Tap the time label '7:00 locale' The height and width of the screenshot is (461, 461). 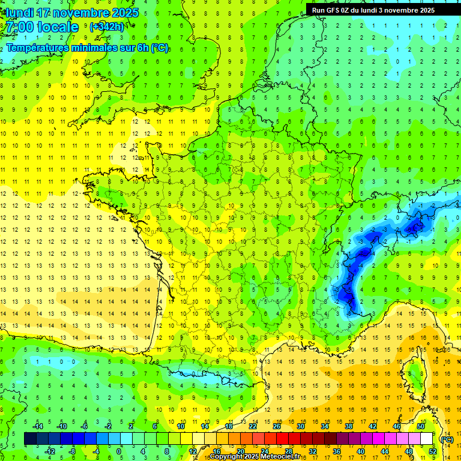(x=43, y=27)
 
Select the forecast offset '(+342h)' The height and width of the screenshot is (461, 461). (x=107, y=27)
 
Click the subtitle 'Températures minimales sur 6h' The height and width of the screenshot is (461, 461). (x=87, y=48)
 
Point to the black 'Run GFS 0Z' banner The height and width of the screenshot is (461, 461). (x=382, y=10)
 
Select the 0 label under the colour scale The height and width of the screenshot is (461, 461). (x=118, y=451)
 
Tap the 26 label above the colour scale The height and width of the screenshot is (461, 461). (x=277, y=426)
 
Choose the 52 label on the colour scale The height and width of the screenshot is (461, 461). (x=432, y=451)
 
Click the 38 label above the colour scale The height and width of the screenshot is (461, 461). (x=349, y=426)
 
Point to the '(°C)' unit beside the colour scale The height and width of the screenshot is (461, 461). (x=447, y=439)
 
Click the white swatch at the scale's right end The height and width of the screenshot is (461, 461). (x=426, y=439)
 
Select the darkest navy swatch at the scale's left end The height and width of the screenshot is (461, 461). (x=30, y=439)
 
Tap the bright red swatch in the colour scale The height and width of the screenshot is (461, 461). (x=282, y=439)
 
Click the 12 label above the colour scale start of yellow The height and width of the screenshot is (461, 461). (x=193, y=451)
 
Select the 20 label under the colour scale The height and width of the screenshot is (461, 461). (x=241, y=451)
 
